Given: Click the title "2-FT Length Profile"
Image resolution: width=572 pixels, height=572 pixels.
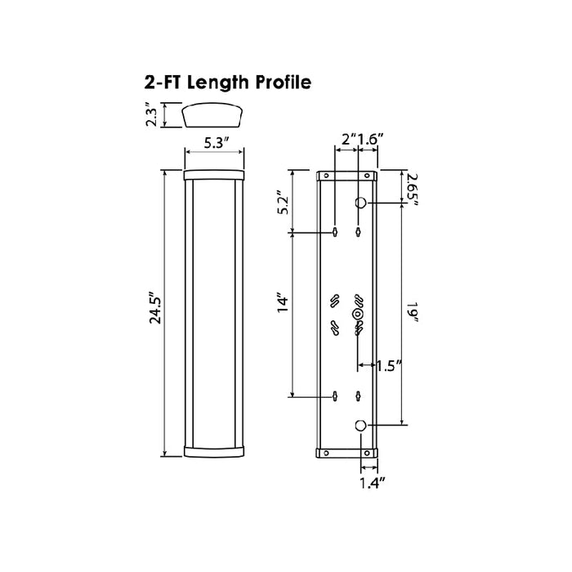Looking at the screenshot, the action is point(228,83).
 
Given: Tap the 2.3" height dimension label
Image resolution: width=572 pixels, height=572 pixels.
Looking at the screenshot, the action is point(152,115).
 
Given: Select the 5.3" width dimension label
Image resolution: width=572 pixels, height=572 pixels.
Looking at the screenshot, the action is point(216,143).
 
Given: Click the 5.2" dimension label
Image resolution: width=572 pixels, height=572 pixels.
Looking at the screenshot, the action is point(284,203).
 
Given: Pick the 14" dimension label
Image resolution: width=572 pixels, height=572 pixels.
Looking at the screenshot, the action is point(283,302).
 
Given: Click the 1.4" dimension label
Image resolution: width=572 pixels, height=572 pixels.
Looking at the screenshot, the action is point(373,483).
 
